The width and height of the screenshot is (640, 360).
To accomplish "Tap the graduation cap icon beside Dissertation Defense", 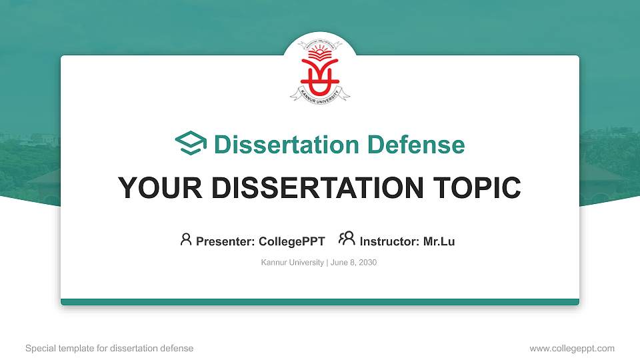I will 191,143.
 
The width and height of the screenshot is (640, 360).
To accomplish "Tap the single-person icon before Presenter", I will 186,239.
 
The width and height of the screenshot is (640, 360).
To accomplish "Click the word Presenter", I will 221,241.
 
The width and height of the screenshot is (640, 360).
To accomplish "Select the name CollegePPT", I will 290,241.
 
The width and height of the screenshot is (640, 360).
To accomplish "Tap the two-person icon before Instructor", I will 347,239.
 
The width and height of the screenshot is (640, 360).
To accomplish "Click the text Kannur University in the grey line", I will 292,263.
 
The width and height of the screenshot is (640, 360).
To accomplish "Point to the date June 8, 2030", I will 353,263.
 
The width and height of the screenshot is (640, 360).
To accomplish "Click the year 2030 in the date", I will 367,263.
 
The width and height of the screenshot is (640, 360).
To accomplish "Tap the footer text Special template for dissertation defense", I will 109,348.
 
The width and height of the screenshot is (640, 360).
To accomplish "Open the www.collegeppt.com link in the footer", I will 572,348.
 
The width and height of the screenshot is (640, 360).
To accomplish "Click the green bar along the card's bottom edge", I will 320,302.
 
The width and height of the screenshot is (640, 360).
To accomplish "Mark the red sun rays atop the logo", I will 320,53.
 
